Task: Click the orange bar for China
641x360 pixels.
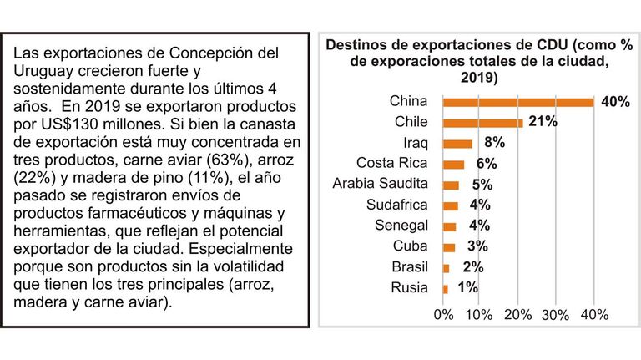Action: point(518,102)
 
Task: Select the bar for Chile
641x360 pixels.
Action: point(482,123)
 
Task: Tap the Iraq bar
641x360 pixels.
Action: point(457,144)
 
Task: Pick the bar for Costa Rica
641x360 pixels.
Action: point(453,165)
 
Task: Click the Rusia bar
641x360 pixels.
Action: point(445,289)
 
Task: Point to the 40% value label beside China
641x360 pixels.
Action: point(615,101)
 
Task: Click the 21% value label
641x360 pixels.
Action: point(543,121)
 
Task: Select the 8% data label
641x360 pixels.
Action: point(495,142)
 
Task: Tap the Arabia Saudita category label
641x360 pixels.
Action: point(381,183)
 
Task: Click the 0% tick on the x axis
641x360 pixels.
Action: point(443,315)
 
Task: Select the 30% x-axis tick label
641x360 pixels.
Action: point(556,315)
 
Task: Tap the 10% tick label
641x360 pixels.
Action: point(479,315)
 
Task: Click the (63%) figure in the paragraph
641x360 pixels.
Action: point(228,160)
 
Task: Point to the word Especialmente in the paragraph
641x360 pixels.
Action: point(241,249)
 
